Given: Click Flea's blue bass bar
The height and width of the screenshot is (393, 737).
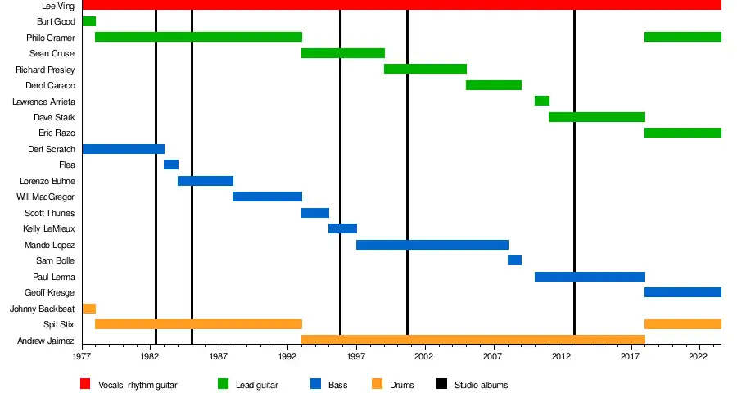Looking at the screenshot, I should (x=171, y=165).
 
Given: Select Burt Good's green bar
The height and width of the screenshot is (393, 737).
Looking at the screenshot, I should (x=88, y=21).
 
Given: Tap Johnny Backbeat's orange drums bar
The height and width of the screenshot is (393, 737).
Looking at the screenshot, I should (x=88, y=309).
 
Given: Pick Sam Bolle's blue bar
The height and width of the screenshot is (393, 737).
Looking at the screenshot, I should (x=514, y=260).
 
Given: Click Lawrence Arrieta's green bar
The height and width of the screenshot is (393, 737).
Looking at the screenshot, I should (x=541, y=101).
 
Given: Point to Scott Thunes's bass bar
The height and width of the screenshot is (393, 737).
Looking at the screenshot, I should (x=315, y=213).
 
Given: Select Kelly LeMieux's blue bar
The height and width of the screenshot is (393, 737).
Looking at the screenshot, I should (x=342, y=228).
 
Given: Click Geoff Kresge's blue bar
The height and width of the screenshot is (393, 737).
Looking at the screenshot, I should (x=683, y=292).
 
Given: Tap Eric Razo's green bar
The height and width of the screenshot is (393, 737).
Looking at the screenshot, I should (x=683, y=133).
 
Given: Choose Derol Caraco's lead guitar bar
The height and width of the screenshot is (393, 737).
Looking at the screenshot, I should (x=494, y=85).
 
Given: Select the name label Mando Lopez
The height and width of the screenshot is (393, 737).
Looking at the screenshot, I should (x=49, y=245).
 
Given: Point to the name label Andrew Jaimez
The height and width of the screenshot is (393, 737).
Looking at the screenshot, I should (x=46, y=341).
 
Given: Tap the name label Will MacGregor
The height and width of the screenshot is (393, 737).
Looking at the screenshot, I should (x=46, y=196).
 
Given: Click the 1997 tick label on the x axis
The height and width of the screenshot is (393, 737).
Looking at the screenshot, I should (x=355, y=358).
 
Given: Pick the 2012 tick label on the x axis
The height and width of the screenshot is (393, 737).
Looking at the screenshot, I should (x=561, y=358).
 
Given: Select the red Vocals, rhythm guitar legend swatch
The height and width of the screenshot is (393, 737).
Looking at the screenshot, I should (x=85, y=384).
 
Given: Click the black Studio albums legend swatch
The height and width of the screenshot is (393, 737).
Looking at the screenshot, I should (x=441, y=384).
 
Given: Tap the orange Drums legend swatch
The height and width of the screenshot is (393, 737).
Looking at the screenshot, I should (x=377, y=384).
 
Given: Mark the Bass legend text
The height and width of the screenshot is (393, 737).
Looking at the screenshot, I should (x=337, y=385).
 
